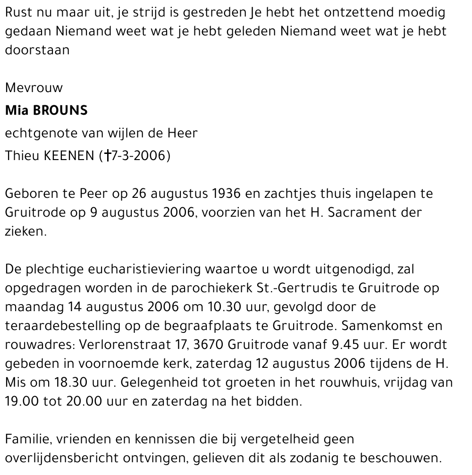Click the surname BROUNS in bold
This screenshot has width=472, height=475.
click(60, 111)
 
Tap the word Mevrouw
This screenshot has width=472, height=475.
click(34, 88)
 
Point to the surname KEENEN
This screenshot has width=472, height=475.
click(69, 156)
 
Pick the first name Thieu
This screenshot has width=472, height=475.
click(22, 156)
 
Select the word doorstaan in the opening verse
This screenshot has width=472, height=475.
click(37, 50)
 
